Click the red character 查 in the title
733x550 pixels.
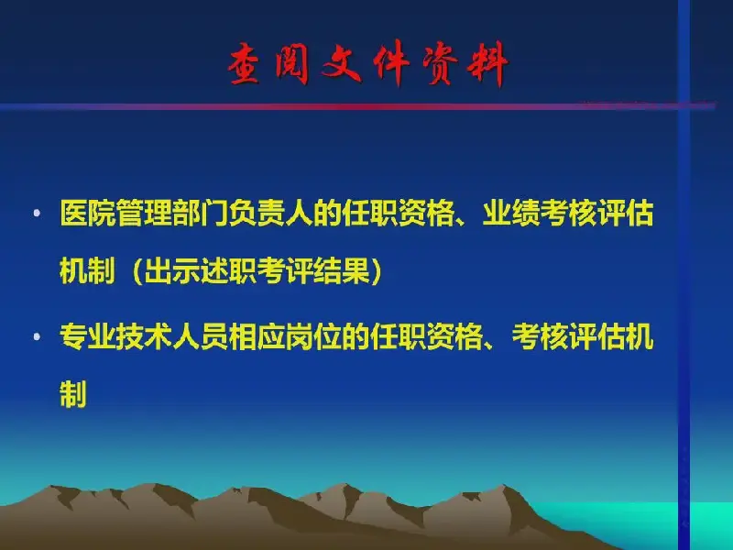pyautogui.click(x=245, y=63)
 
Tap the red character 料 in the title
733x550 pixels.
pyautogui.click(x=487, y=63)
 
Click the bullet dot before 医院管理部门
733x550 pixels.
pyautogui.click(x=37, y=214)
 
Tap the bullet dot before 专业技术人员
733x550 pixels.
pyautogui.click(x=37, y=336)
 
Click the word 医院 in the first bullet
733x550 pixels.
pyautogui.click(x=88, y=214)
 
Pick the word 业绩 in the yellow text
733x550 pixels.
pyautogui.click(x=511, y=214)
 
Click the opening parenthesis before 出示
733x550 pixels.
pyautogui.click(x=137, y=271)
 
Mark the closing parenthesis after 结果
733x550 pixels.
pyautogui.click(x=377, y=271)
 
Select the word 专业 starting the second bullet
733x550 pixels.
pyautogui.click(x=88, y=336)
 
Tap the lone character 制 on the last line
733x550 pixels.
pyautogui.click(x=73, y=394)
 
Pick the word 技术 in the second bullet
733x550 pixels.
pyautogui.click(x=145, y=336)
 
